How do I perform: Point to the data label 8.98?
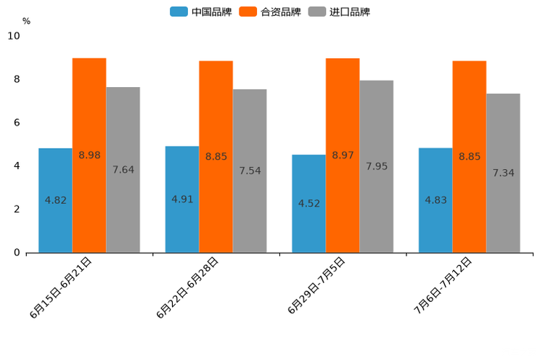pos(89,155)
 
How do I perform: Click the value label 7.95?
pos(377,166)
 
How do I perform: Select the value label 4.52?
pos(309,203)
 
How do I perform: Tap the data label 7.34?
pos(503,173)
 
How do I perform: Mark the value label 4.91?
pos(182,199)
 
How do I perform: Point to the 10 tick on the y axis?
pos(14,36)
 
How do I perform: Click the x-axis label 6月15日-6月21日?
pos(61,287)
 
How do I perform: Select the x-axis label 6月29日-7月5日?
pos(316,285)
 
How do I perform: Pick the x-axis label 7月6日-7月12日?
pos(443,285)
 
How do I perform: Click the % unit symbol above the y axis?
pos(26,21)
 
